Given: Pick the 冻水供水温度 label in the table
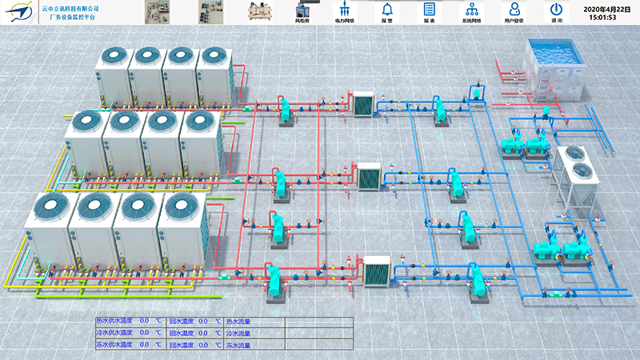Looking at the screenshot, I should tap(115, 346).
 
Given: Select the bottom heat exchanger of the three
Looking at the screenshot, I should tap(375, 270).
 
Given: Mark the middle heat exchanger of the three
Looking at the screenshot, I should tap(369, 176).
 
